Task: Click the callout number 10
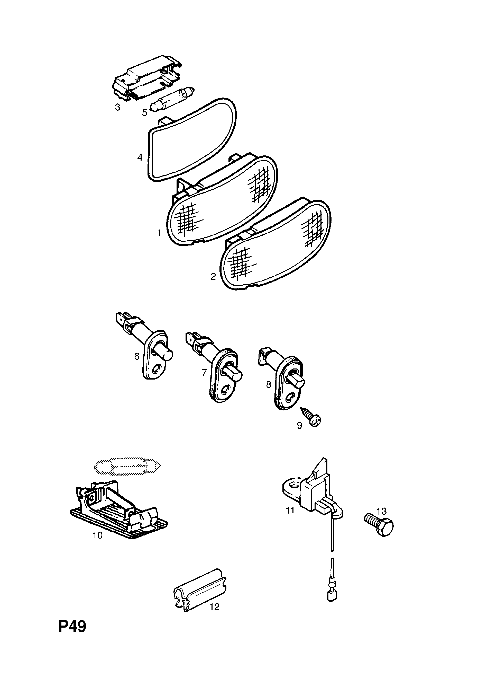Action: pos(97,535)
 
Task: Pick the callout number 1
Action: pos(159,234)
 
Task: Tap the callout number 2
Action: pos(213,277)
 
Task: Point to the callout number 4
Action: pos(140,157)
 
